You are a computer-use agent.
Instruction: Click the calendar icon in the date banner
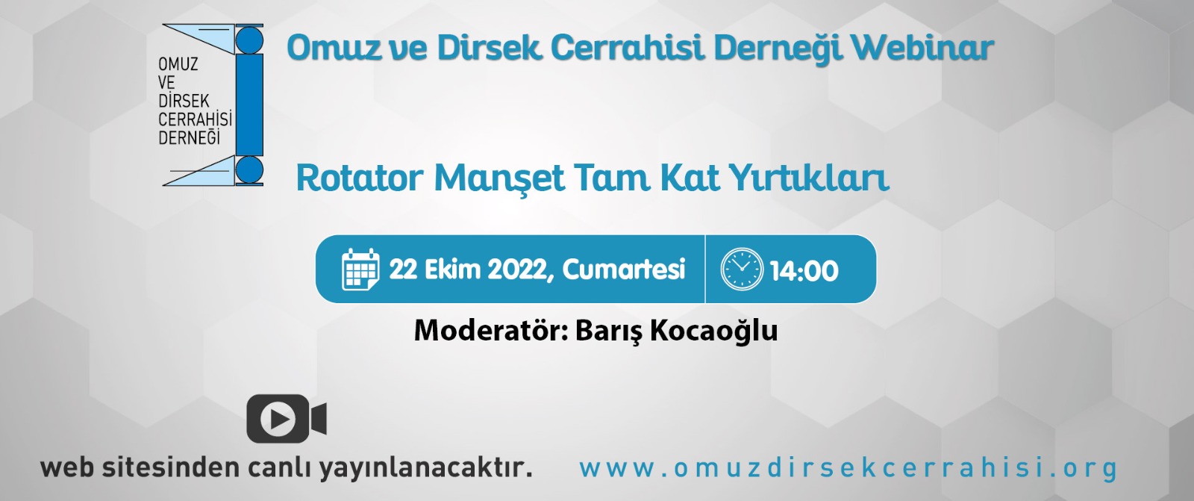click(361, 269)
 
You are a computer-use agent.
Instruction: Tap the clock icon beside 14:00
click(742, 269)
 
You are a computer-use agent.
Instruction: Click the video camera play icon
click(287, 419)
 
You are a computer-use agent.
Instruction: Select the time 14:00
click(804, 271)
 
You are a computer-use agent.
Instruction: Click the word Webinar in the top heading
click(922, 48)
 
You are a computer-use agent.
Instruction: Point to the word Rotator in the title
click(360, 178)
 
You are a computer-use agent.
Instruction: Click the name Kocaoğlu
click(713, 331)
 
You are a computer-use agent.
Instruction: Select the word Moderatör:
click(490, 330)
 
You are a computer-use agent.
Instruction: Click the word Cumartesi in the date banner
click(624, 270)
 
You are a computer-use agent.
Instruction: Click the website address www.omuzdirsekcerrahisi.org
click(848, 468)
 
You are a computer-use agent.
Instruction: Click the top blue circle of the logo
click(249, 40)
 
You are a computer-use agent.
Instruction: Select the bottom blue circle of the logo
click(249, 169)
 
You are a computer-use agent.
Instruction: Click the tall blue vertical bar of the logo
click(249, 105)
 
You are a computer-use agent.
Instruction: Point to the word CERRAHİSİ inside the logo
click(195, 119)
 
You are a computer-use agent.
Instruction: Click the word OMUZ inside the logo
click(178, 64)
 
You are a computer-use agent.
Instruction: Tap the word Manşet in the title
click(499, 178)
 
